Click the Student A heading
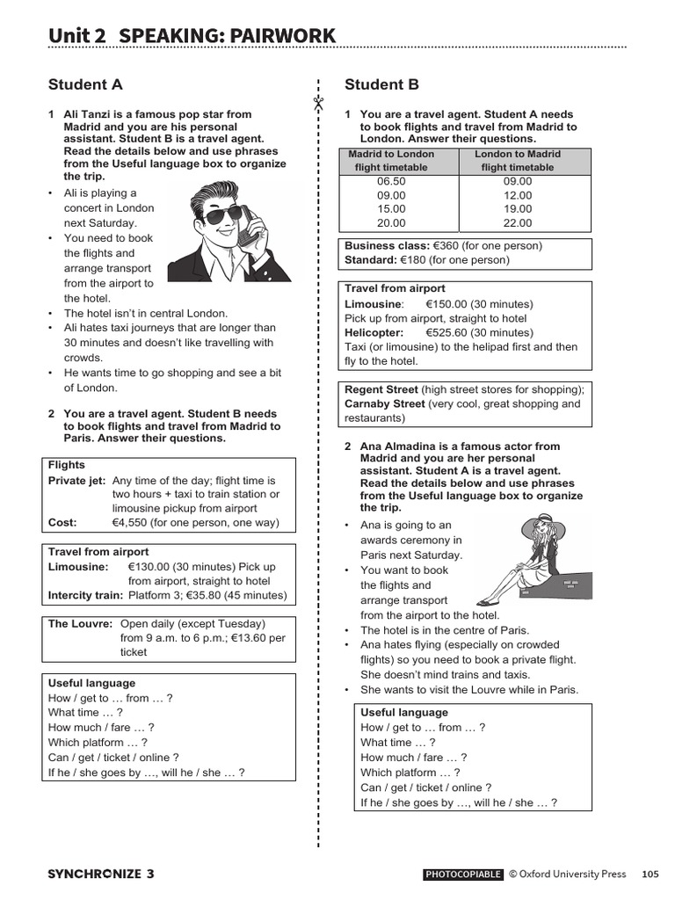[x=85, y=85]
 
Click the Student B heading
[x=381, y=85]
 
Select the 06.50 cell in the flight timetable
[x=391, y=181]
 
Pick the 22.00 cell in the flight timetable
[x=518, y=222]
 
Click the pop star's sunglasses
[x=210, y=214]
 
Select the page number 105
[x=650, y=874]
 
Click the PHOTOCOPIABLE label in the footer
[x=462, y=875]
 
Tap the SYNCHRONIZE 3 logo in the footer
[x=100, y=874]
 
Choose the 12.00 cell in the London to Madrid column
[x=518, y=195]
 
